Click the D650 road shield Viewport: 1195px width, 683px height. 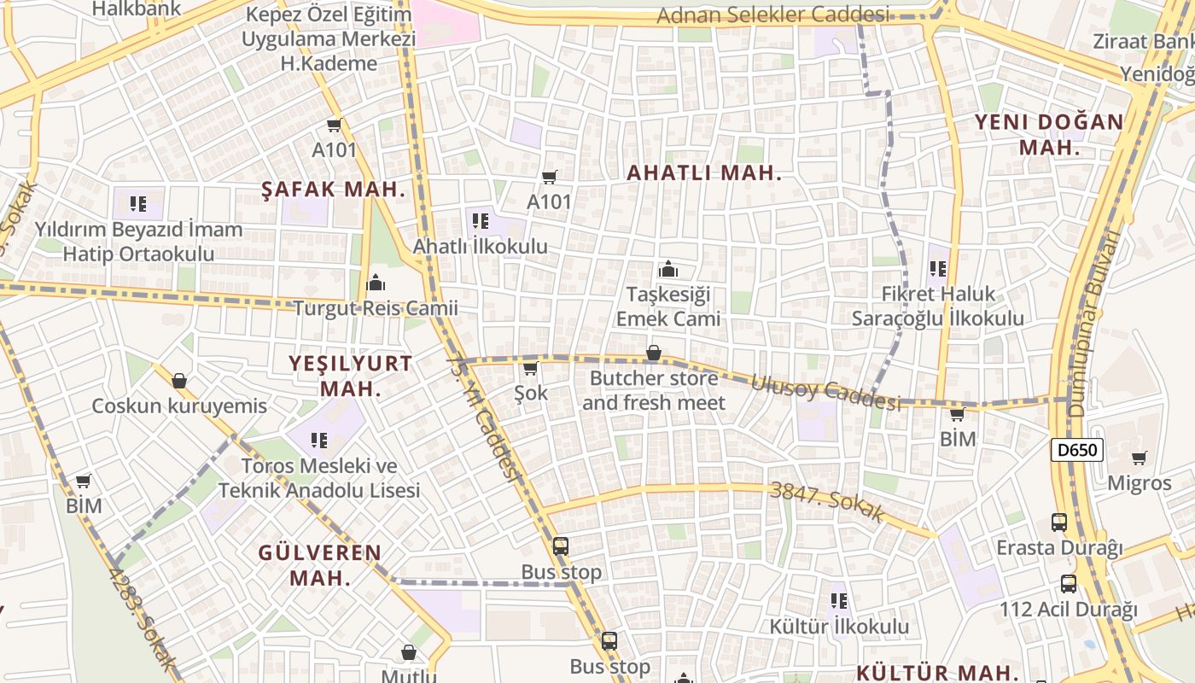pyautogui.click(x=1077, y=450)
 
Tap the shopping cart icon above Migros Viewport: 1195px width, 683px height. pyautogui.click(x=1139, y=458)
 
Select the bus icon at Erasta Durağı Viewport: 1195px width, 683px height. pyautogui.click(x=1059, y=522)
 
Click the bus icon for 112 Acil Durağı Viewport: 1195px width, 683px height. pyautogui.click(x=1069, y=584)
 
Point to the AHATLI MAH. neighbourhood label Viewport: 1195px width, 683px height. pyautogui.click(x=704, y=172)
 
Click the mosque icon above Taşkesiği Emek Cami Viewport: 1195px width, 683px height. pyautogui.click(x=668, y=270)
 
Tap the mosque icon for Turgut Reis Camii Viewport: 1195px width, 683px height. pyautogui.click(x=375, y=282)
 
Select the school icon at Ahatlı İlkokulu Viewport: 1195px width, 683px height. pyautogui.click(x=481, y=221)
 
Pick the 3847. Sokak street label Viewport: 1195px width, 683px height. pyautogui.click(x=825, y=502)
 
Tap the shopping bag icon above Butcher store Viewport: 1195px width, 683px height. pyautogui.click(x=653, y=353)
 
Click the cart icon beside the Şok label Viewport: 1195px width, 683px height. pyautogui.click(x=530, y=368)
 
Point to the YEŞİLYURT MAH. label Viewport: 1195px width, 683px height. pyautogui.click(x=350, y=376)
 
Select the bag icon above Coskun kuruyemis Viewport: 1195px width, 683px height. pyautogui.click(x=179, y=380)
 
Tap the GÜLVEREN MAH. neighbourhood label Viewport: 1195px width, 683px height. pyautogui.click(x=320, y=564)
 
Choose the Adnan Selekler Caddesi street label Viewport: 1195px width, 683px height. pyautogui.click(x=773, y=15)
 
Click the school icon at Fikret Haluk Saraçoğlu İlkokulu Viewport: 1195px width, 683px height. pyautogui.click(x=938, y=269)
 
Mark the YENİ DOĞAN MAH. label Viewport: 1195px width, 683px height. pyautogui.click(x=1049, y=134)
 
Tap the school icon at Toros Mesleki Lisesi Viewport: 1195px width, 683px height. pyautogui.click(x=319, y=441)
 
